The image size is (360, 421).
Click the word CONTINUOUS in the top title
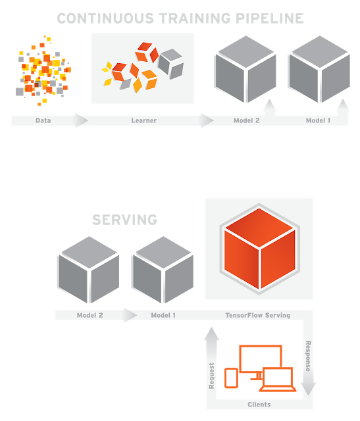click(105, 18)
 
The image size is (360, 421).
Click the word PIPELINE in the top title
click(269, 18)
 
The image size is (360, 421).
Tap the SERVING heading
click(124, 220)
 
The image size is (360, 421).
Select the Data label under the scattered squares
click(43, 120)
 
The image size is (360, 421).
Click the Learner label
click(144, 120)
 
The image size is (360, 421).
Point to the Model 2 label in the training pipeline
click(247, 120)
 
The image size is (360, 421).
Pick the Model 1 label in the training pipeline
click(318, 120)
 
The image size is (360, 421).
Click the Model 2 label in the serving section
click(90, 315)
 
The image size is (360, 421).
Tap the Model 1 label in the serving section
click(163, 315)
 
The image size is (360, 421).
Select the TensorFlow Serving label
click(258, 315)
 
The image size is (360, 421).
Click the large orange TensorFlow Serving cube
click(259, 249)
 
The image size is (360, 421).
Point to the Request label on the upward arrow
click(212, 376)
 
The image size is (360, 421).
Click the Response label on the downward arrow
click(308, 356)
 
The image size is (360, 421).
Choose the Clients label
click(259, 405)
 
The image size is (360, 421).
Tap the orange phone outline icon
click(231, 378)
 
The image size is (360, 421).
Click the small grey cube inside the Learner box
click(171, 64)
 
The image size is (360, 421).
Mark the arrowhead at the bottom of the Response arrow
click(308, 389)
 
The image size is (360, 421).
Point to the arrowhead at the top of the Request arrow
click(212, 334)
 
